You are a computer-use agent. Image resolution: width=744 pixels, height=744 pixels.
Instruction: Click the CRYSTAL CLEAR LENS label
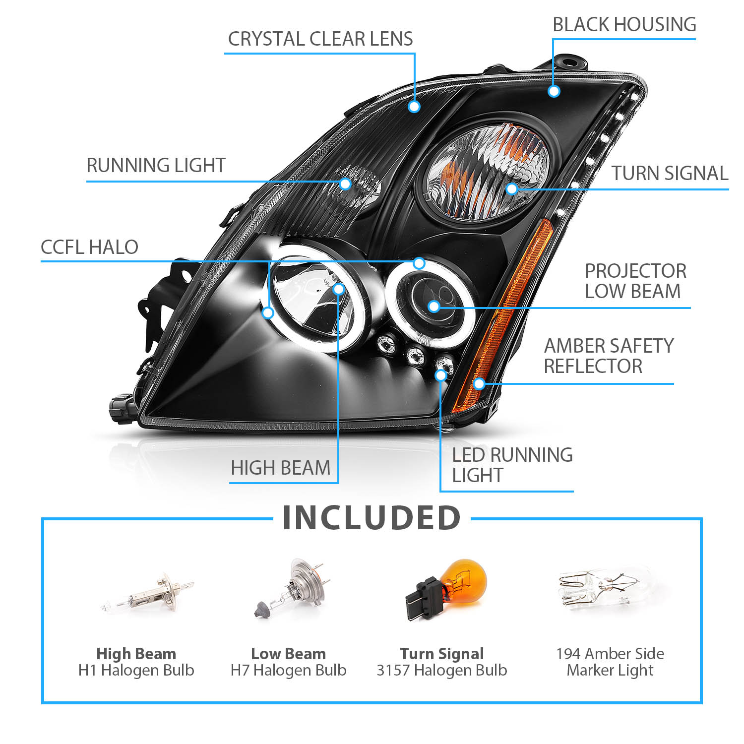click(x=320, y=39)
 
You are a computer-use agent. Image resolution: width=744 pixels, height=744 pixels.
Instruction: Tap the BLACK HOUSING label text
click(x=624, y=24)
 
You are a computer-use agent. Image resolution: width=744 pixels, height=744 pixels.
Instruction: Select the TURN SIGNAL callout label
click(x=670, y=173)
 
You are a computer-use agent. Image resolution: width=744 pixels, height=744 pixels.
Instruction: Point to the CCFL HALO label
click(x=89, y=247)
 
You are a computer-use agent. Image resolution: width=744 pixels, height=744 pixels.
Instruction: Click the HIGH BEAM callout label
click(x=281, y=468)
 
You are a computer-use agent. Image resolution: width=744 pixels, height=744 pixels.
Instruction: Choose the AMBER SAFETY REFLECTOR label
click(x=609, y=356)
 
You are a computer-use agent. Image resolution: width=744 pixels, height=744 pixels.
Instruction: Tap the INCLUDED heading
click(x=372, y=518)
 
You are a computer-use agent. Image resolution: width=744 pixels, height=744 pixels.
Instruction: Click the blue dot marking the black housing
click(x=554, y=91)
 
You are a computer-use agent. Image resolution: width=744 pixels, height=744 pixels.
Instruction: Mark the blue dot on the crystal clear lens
click(x=414, y=106)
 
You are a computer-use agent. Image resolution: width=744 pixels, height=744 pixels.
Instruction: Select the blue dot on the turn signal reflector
click(x=512, y=188)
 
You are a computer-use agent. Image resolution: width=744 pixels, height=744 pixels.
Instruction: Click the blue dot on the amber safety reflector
click(x=479, y=383)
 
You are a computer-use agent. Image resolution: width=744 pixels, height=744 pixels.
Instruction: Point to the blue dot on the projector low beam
click(x=434, y=307)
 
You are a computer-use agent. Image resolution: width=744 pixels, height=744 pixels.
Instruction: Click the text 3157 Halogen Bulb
click(x=442, y=670)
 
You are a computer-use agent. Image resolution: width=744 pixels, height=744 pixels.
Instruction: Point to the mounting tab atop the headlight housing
click(x=570, y=62)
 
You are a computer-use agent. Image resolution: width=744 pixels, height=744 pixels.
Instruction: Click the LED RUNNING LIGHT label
click(x=512, y=465)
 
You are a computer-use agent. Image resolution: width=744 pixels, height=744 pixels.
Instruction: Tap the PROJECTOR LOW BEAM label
click(x=635, y=281)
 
